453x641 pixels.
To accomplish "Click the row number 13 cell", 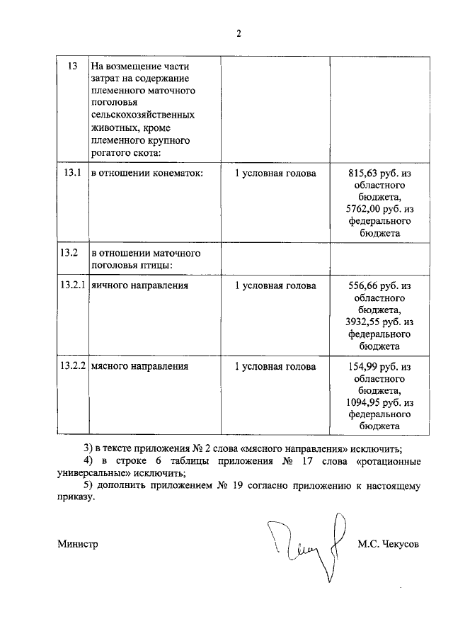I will pos(71,67).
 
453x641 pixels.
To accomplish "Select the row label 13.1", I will pos(71,173).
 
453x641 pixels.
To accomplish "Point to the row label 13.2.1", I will pos(72,285).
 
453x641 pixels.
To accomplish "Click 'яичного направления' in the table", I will pos(139,285).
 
